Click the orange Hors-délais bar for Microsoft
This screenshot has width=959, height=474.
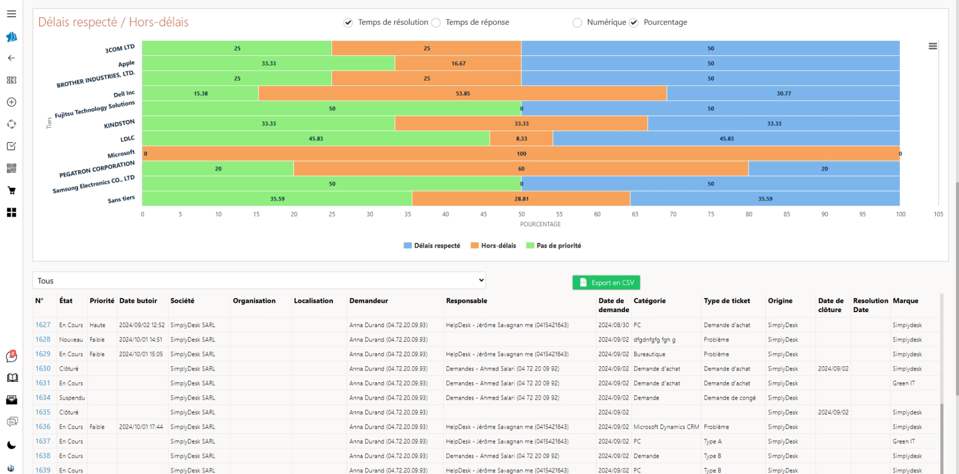pyautogui.click(x=521, y=153)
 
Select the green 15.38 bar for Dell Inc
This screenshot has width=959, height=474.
pyautogui.click(x=200, y=93)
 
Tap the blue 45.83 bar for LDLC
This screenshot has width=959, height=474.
pyautogui.click(x=726, y=138)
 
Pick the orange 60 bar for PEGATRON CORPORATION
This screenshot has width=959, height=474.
pyautogui.click(x=521, y=168)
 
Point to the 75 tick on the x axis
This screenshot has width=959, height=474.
pyautogui.click(x=711, y=214)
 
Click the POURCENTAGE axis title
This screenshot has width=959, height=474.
pyautogui.click(x=540, y=224)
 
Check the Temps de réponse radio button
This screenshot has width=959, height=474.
pyautogui.click(x=437, y=23)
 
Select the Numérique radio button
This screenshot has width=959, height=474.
pyautogui.click(x=577, y=23)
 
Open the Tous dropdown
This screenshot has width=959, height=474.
pyautogui.click(x=259, y=280)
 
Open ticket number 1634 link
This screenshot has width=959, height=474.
pyautogui.click(x=43, y=397)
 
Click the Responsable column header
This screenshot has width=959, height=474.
pyautogui.click(x=467, y=301)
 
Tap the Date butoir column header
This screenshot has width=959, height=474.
pyautogui.click(x=138, y=301)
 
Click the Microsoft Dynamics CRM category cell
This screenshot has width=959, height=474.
pyautogui.click(x=666, y=427)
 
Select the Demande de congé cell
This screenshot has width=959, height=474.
pyautogui.click(x=729, y=398)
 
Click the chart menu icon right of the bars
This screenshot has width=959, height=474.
pyautogui.click(x=933, y=46)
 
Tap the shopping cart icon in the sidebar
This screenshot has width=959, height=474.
pyautogui.click(x=11, y=190)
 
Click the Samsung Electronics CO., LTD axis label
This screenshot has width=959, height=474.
pyautogui.click(x=94, y=184)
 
